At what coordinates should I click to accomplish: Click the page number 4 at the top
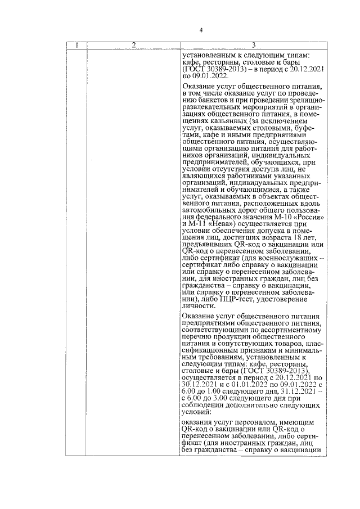[x=201, y=30]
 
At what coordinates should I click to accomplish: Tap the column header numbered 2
[x=134, y=45]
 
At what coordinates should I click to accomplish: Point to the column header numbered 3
[x=254, y=45]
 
